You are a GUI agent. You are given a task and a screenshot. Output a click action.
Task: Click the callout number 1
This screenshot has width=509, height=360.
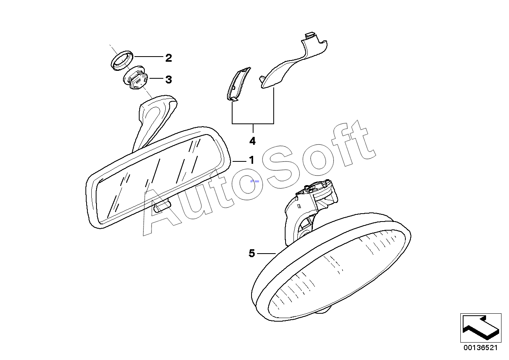pos(251,160)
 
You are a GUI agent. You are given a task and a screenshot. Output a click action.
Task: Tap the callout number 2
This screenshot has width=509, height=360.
pos(168,58)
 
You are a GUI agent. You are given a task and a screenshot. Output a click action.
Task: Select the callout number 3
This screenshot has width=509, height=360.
pos(168,80)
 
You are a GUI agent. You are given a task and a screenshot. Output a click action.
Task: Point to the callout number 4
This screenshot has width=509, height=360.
pos(252,141)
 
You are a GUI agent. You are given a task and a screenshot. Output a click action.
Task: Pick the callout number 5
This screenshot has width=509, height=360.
pos(252,253)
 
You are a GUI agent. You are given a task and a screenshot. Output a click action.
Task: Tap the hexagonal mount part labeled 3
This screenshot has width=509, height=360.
pos(136,78)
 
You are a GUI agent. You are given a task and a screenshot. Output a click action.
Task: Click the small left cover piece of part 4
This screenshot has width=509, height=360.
pos(237,84)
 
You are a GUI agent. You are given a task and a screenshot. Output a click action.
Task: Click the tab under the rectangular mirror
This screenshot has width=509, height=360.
pos(162,205)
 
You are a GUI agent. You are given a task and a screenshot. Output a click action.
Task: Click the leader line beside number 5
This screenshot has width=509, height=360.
pos(266,253)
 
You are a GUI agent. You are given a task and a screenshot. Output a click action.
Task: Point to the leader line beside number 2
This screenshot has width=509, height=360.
pos(149,57)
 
